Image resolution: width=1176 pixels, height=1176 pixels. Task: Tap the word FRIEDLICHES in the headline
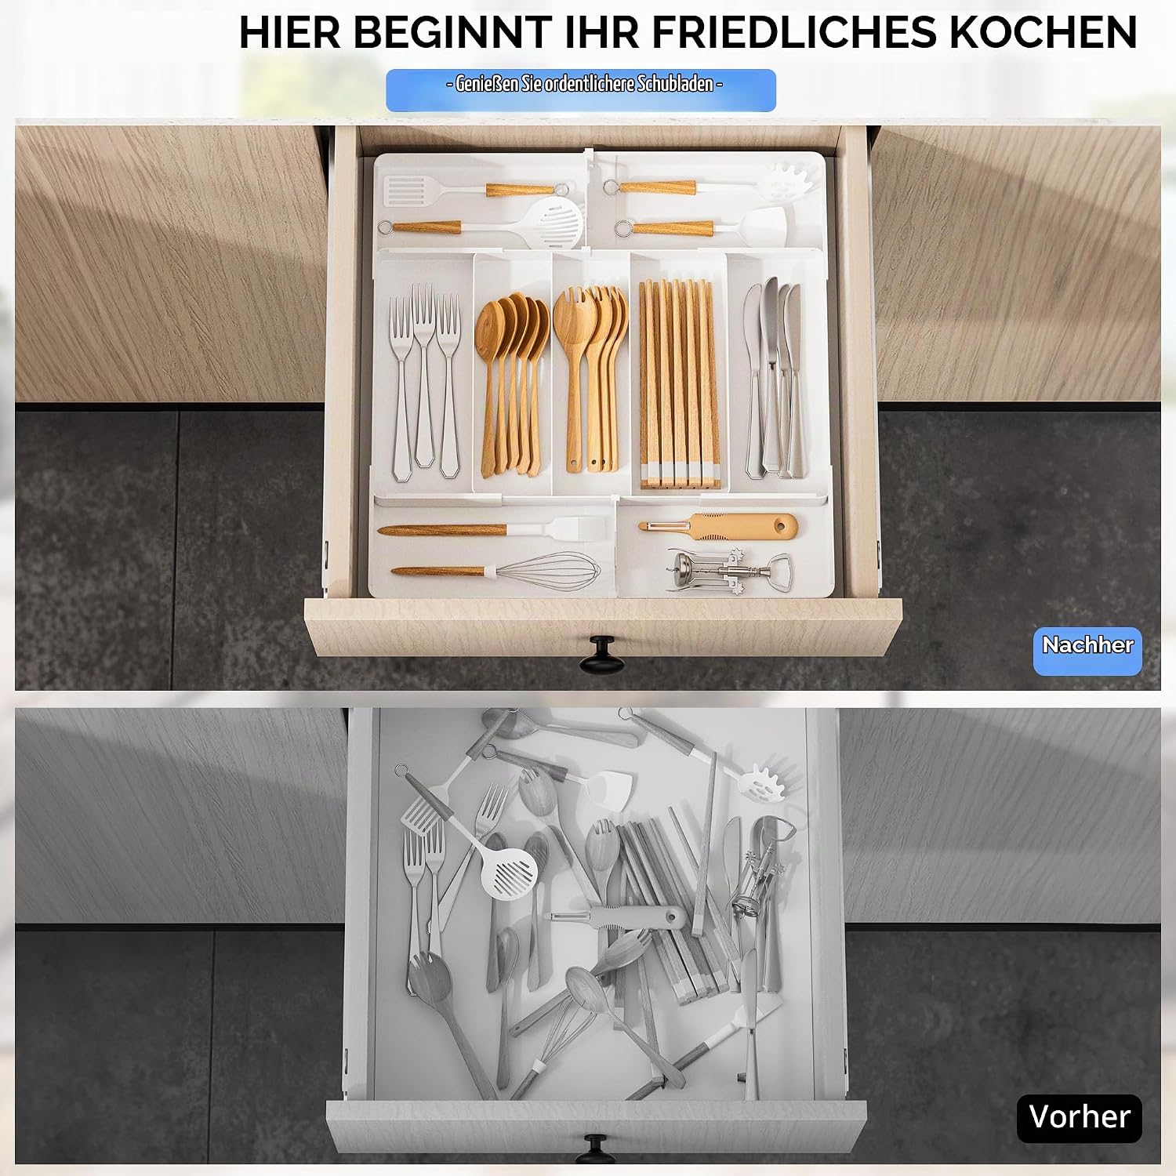[793, 32]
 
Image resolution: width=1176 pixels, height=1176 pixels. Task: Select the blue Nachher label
[1087, 650]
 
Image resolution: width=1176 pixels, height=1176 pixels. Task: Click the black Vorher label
[1079, 1117]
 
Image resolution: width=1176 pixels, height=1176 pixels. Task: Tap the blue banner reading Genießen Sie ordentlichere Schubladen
[581, 89]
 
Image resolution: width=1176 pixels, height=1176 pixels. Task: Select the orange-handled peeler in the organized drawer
[717, 526]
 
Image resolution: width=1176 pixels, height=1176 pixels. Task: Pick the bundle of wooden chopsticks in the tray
[679, 383]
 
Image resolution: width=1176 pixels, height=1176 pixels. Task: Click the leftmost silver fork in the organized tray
[401, 389]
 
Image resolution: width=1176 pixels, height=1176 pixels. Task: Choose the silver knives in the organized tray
[775, 378]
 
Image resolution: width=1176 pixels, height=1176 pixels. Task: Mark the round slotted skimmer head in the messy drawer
[511, 871]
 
